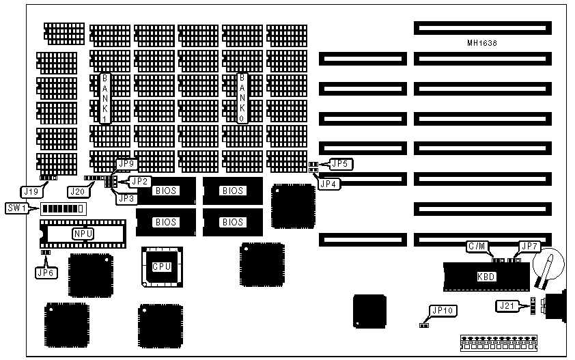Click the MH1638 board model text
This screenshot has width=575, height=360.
(x=482, y=43)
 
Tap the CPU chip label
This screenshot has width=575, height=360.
(x=162, y=266)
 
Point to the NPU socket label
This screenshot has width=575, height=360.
(x=83, y=234)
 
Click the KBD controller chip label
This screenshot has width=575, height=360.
(x=486, y=277)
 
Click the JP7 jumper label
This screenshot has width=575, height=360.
(x=529, y=246)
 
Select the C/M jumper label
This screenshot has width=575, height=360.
(x=475, y=246)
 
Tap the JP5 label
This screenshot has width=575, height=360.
(x=339, y=163)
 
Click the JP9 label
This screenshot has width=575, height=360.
(x=127, y=164)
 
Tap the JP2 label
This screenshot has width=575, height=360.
(x=140, y=181)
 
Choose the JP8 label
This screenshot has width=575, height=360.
(x=125, y=199)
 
